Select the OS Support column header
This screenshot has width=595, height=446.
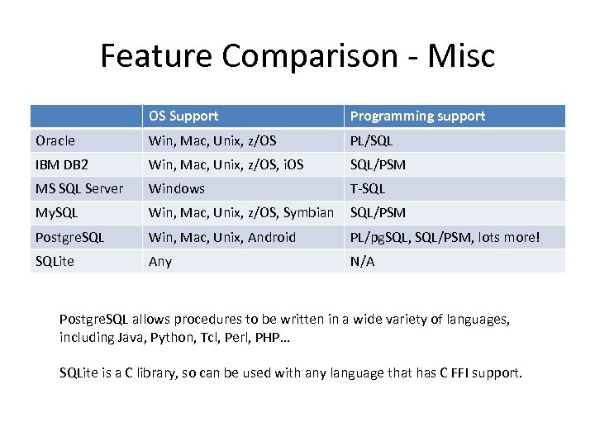[x=183, y=116]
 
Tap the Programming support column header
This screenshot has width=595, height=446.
[x=417, y=116]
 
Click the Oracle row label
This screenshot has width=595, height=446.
[x=55, y=140]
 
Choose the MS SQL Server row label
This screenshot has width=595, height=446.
[x=79, y=188]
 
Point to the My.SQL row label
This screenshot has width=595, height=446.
[x=56, y=213]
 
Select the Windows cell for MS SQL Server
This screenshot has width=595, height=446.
[x=177, y=188]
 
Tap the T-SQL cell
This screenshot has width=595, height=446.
[x=368, y=188]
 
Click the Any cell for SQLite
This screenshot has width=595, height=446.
[x=160, y=261]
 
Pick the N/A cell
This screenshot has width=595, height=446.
[x=362, y=261]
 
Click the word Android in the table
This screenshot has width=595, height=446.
[x=269, y=237]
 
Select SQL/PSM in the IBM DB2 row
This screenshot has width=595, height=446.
[x=378, y=164]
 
